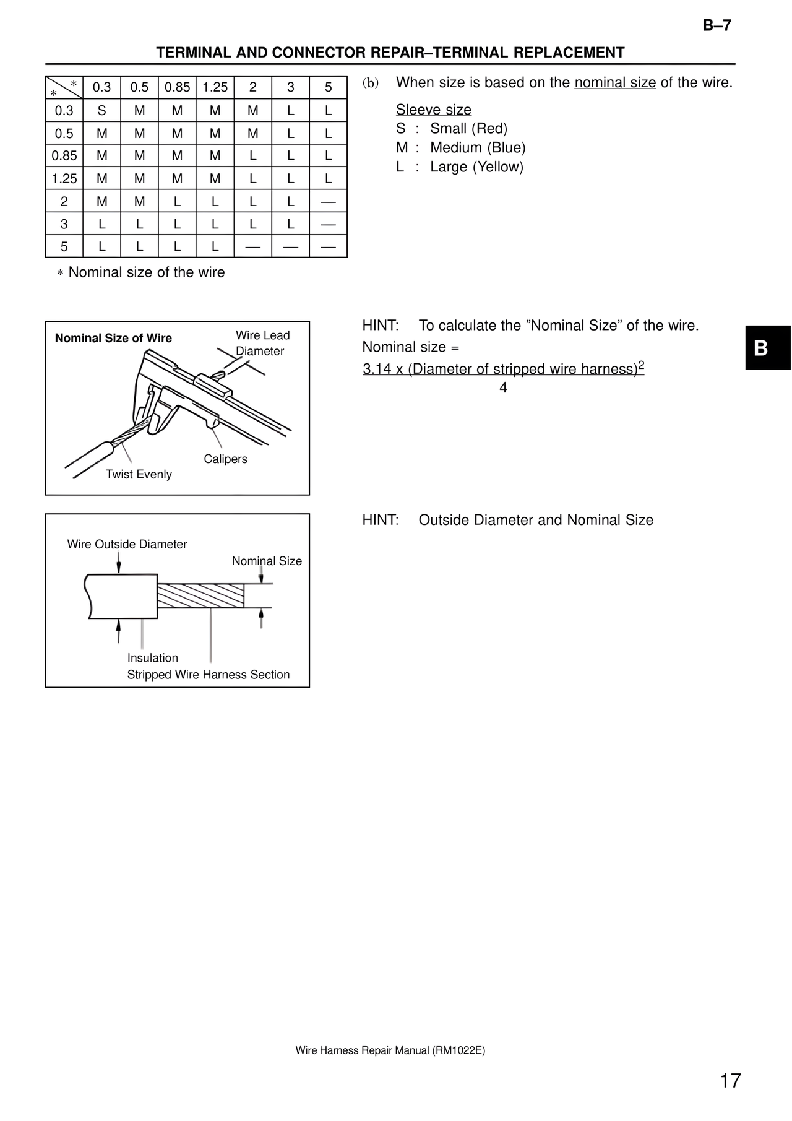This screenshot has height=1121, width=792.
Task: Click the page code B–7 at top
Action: tap(717, 25)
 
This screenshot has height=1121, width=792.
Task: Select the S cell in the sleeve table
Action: tap(102, 111)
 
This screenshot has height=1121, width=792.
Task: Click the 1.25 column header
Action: tap(215, 87)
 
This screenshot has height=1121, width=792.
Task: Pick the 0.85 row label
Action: tap(64, 156)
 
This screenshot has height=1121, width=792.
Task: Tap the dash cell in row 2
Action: tap(328, 202)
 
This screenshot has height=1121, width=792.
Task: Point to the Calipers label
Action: tap(225, 459)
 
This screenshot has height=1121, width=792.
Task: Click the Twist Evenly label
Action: tap(139, 474)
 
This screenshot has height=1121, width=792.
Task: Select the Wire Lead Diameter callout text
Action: tap(262, 343)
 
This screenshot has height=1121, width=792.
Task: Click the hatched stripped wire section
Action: tap(200, 595)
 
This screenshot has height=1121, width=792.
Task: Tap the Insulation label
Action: tap(152, 658)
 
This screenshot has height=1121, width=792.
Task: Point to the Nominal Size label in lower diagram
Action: tap(267, 561)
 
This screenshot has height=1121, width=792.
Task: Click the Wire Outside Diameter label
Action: tap(127, 544)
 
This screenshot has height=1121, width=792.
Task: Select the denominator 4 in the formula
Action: tap(503, 388)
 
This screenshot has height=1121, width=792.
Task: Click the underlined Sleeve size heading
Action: tap(433, 110)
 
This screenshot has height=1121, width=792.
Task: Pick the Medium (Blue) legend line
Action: tap(461, 148)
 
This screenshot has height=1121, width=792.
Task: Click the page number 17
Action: tap(730, 1080)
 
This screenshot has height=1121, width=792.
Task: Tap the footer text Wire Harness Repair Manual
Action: tap(390, 1050)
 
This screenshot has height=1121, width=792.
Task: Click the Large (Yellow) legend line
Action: tap(460, 167)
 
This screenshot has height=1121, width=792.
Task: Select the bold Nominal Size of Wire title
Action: tap(113, 338)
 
